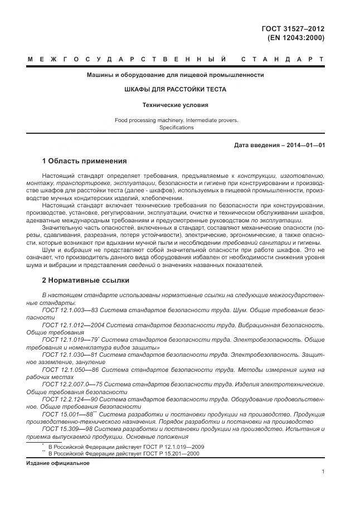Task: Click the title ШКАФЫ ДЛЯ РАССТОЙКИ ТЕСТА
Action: pos(175,89)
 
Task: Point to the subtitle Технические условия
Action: pos(175,104)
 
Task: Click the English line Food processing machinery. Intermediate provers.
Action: pos(176,120)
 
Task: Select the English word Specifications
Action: pos(176,127)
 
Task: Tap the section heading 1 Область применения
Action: pos(85,161)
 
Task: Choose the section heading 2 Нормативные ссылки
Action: pos(86,280)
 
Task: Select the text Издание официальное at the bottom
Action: pos(58,463)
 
